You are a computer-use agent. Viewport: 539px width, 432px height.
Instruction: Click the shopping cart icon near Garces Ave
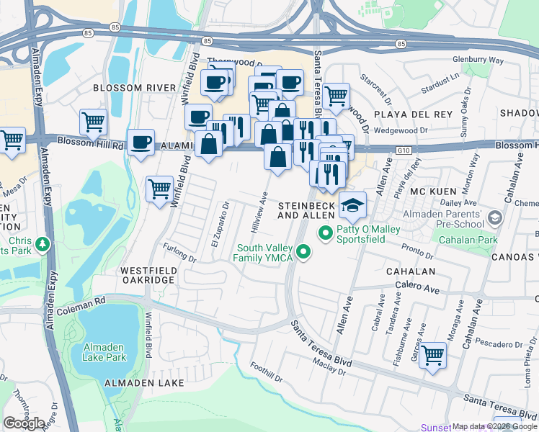coord(432,354)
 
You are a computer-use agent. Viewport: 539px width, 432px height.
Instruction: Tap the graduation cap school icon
coord(352,206)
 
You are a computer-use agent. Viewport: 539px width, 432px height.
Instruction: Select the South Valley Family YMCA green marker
coord(304,252)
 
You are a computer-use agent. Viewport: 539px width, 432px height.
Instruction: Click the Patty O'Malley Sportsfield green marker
coord(325,233)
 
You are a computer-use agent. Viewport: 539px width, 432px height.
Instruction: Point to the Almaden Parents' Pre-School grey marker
coord(494,217)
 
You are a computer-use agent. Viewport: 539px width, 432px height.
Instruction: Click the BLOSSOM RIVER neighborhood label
coord(134,88)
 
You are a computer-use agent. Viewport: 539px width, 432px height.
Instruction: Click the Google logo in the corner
coord(24,423)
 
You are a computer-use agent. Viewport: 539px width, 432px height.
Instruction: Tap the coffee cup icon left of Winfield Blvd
coord(140,142)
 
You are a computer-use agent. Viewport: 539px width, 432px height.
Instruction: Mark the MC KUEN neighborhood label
coord(429,192)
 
